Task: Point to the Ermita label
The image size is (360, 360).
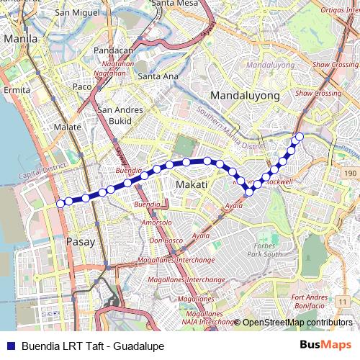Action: (17, 90)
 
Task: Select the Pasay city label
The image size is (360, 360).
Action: (79, 242)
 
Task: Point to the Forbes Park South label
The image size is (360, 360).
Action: (262, 249)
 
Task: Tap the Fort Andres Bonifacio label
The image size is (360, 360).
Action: (310, 301)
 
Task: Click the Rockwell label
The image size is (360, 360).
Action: (279, 182)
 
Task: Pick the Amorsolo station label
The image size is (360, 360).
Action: (156, 222)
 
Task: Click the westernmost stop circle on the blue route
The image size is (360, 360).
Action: (60, 204)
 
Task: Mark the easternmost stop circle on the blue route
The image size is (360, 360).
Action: (300, 136)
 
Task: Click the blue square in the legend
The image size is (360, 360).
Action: (10, 346)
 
